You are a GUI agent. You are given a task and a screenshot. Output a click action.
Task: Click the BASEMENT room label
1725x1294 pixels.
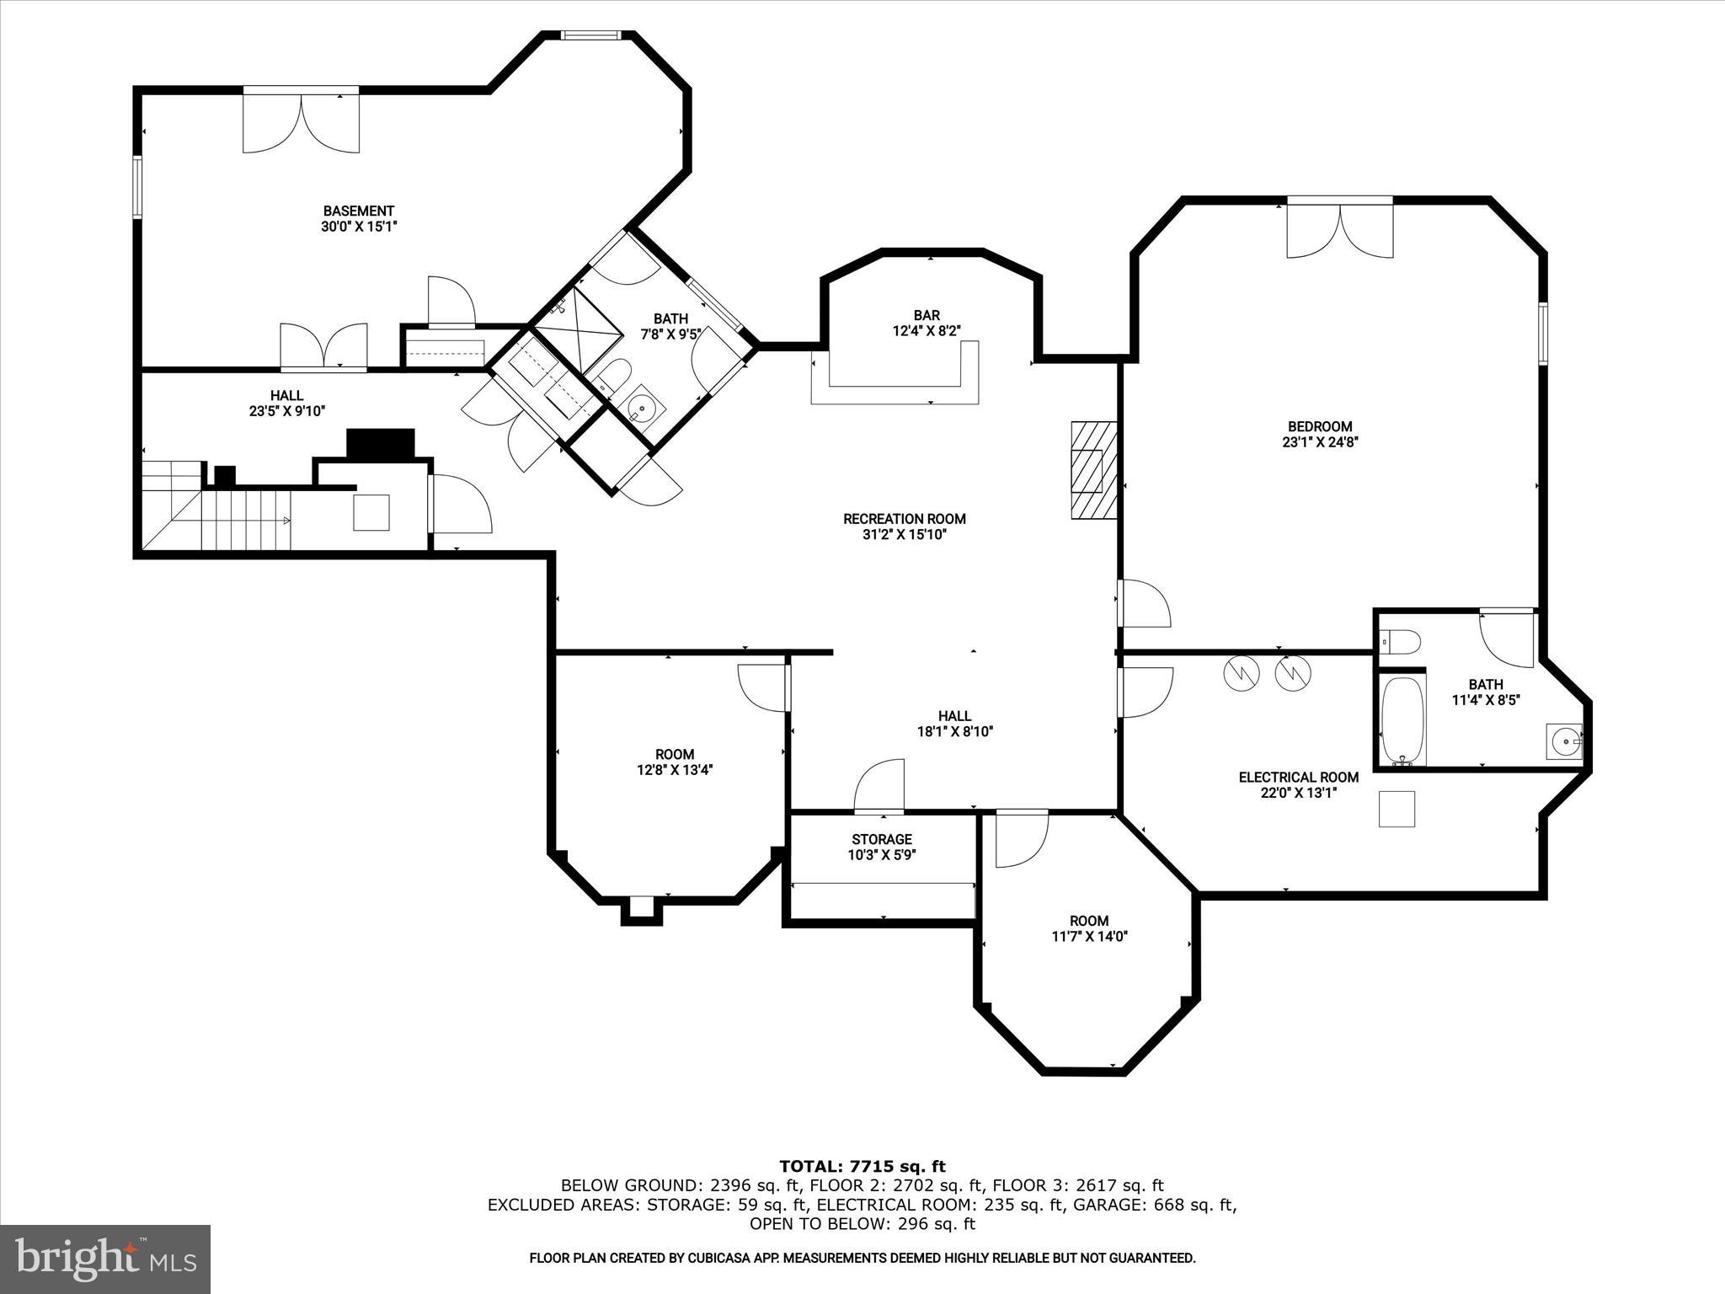point(359,211)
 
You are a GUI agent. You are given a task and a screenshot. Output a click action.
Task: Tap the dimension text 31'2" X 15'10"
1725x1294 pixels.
point(905,534)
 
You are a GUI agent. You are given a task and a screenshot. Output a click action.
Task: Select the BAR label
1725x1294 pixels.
point(927,316)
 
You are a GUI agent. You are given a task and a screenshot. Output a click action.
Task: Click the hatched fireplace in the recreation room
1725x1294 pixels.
point(1093,470)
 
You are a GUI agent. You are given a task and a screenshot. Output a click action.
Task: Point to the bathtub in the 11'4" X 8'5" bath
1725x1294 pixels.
point(1402,721)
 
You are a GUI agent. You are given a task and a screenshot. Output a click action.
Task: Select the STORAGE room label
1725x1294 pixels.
point(882,839)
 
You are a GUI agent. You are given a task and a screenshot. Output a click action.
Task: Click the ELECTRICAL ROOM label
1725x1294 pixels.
point(1298,777)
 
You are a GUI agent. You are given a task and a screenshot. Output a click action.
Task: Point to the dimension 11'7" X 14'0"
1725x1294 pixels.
point(1089,936)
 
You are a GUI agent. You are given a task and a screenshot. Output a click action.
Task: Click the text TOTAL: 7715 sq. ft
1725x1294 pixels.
point(862,1167)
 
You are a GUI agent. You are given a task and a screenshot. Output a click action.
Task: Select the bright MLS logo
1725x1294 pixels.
point(105,1258)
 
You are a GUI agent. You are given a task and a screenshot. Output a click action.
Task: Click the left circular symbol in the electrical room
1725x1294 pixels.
point(1239,672)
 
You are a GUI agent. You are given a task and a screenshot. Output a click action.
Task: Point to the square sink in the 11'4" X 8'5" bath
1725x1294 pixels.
point(1564,742)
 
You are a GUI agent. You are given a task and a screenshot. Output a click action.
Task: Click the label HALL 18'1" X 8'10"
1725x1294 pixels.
point(955,724)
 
